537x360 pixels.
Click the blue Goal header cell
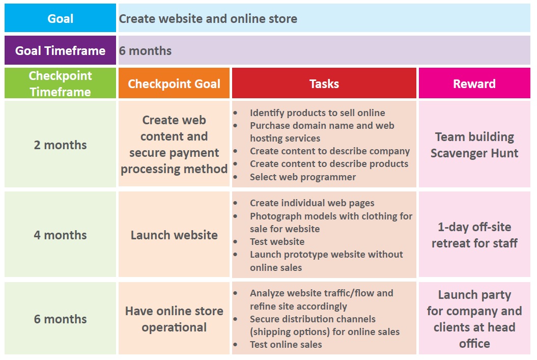click(60, 18)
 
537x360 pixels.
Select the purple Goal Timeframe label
click(60, 50)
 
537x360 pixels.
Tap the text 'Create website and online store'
click(208, 18)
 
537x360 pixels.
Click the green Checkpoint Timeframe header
click(60, 83)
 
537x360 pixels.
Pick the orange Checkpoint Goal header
click(174, 83)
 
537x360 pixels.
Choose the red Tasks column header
click(324, 83)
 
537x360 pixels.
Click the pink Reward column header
click(474, 83)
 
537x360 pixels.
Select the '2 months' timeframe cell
click(60, 144)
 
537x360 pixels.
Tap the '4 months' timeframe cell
click(60, 235)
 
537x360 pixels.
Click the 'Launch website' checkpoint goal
click(174, 235)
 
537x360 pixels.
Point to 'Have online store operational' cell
click(174, 318)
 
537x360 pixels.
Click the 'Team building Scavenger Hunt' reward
click(474, 144)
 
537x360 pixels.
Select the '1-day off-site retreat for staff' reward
click(474, 235)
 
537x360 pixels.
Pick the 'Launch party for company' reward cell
click(474, 318)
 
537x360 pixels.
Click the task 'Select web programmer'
click(303, 177)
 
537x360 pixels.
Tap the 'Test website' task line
click(277, 241)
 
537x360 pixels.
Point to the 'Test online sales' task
click(286, 344)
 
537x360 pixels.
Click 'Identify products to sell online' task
click(318, 113)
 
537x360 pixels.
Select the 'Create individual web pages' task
click(312, 203)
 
